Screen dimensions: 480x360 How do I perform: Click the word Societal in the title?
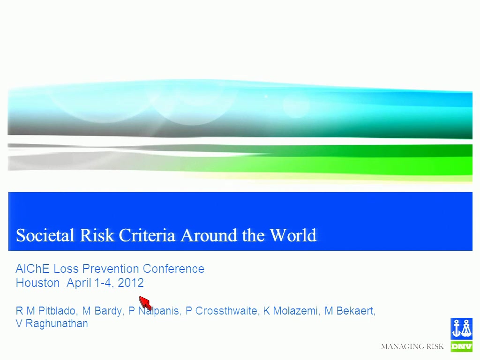[45, 235]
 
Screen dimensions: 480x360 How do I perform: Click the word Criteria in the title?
[147, 235]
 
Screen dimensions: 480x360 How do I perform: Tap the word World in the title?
[292, 235]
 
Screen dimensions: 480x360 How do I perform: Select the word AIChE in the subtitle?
[32, 269]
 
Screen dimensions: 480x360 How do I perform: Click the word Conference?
[173, 269]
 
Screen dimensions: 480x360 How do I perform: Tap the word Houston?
[37, 283]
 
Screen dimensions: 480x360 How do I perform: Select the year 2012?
[131, 283]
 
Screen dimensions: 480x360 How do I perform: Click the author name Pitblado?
[58, 311]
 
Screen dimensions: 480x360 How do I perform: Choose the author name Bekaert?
[356, 311]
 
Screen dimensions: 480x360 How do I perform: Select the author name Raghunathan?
[57, 324]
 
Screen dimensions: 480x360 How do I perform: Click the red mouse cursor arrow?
[145, 303]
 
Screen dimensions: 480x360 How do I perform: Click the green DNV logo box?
[461, 346]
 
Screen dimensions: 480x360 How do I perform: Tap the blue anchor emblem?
[461, 329]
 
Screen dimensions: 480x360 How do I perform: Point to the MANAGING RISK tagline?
[412, 346]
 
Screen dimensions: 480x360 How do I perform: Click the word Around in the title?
[209, 235]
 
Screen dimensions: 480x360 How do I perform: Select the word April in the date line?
[79, 283]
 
